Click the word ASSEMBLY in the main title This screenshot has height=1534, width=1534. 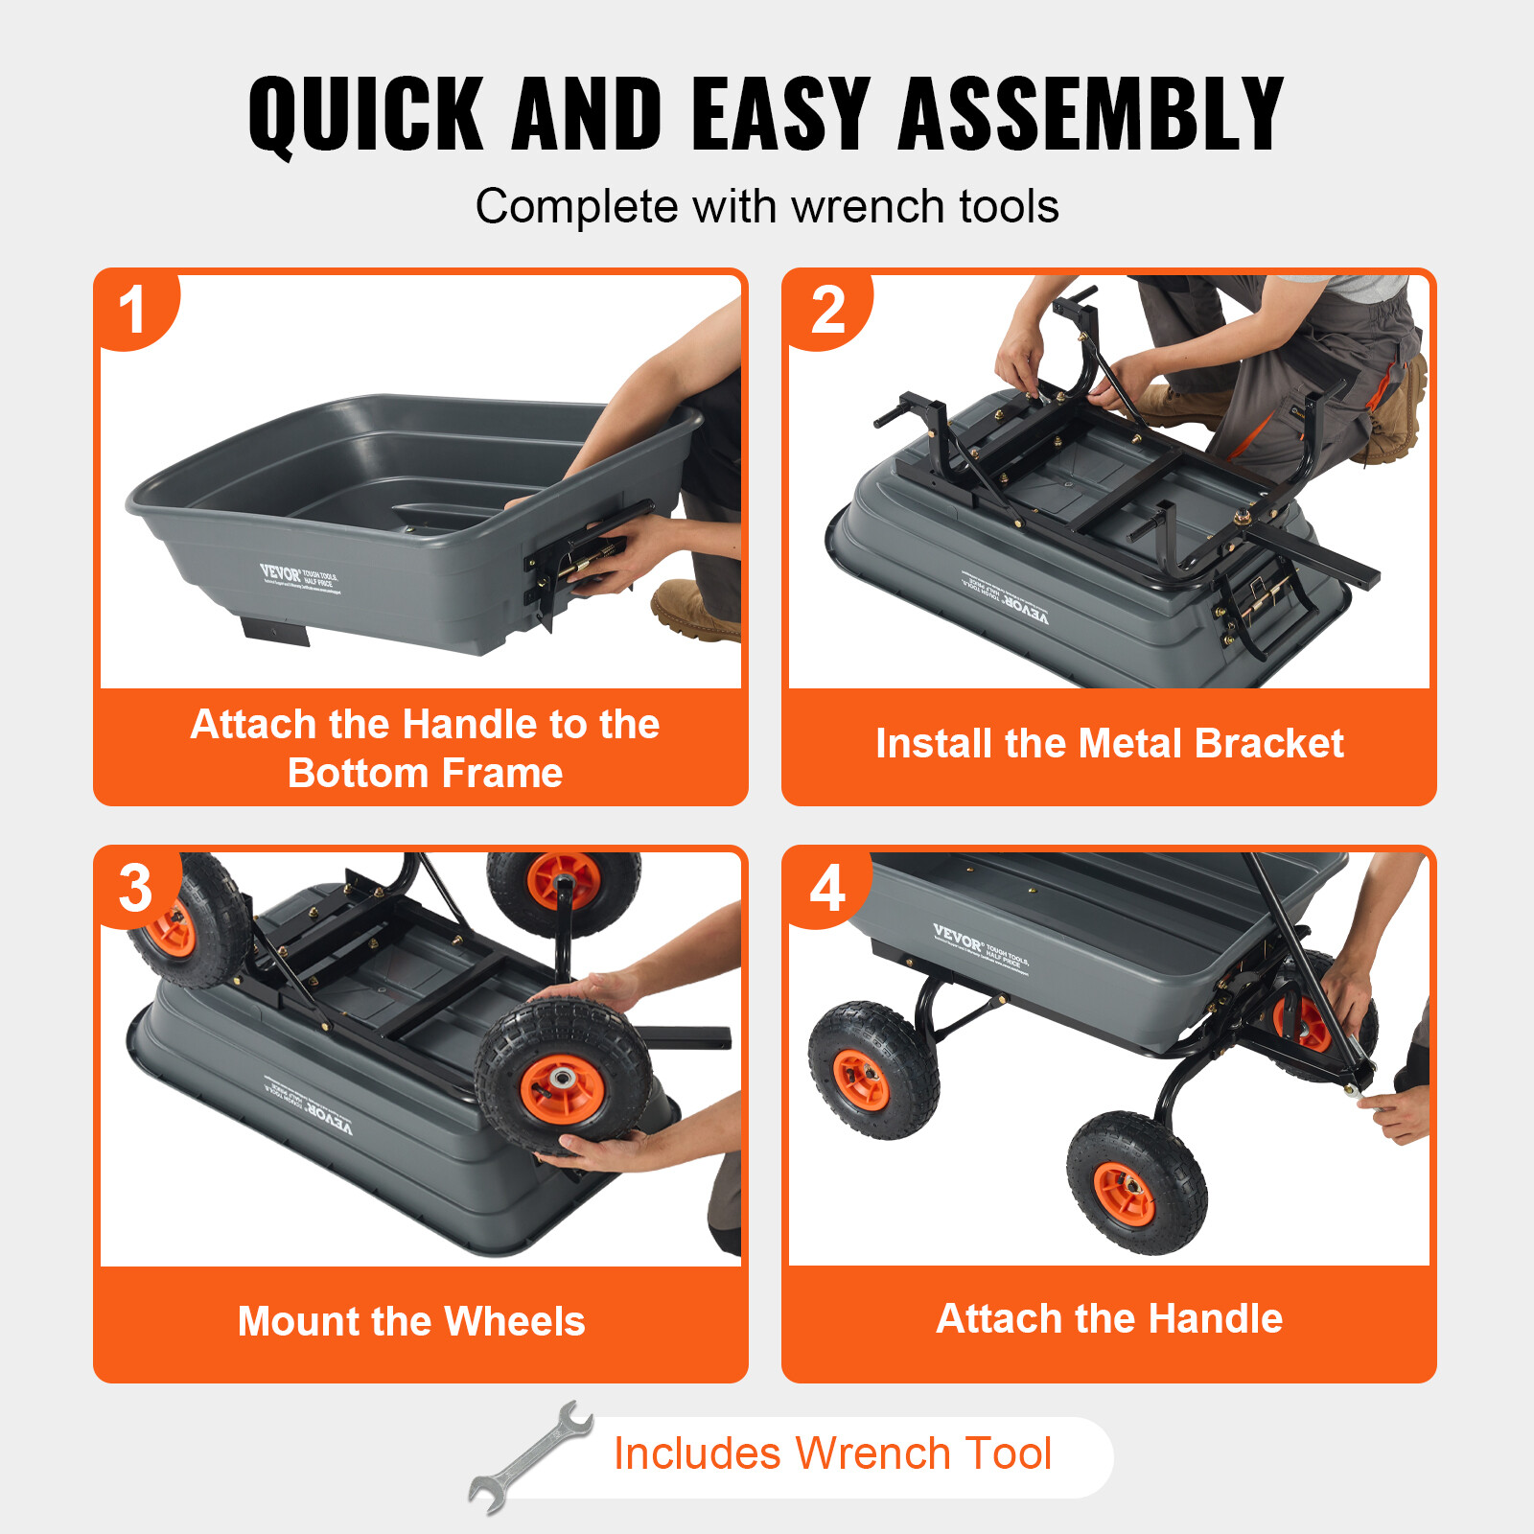1090,115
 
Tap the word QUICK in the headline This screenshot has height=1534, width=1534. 365,115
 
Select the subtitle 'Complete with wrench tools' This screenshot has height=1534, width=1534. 767,206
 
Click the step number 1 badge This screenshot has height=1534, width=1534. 133,310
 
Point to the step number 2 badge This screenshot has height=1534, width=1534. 827,310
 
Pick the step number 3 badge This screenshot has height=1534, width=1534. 135,888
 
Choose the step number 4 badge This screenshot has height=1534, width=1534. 827,888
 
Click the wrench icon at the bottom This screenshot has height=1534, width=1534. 531,1457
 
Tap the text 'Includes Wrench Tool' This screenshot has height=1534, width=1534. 832,1453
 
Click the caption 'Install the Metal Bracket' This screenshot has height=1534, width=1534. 1109,744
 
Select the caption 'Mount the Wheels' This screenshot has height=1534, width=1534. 411,1321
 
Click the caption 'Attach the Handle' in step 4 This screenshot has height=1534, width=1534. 1109,1318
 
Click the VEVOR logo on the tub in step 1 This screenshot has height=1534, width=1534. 280,573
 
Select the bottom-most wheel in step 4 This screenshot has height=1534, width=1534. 1136,1184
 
